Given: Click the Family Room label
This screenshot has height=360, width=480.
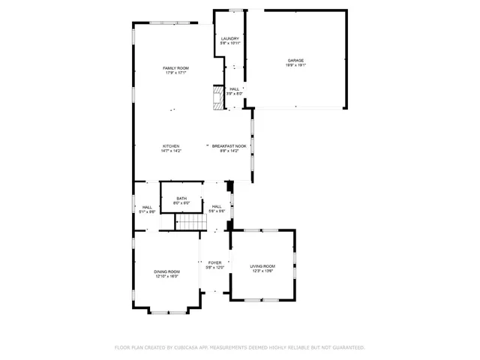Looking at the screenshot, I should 176,68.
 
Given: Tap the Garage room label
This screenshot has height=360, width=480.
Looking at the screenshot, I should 295,60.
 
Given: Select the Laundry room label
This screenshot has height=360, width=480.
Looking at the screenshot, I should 229,38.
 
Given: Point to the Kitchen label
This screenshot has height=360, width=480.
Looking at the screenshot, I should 171,145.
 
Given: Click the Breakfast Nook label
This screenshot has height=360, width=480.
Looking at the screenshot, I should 225,145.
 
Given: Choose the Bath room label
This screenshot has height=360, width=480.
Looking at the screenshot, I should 181,198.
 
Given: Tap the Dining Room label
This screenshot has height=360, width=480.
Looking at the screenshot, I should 167,271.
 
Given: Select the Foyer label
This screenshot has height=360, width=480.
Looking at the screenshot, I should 215,262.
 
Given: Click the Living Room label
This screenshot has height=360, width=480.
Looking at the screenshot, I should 262,266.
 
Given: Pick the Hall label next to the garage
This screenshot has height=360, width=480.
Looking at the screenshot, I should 235,88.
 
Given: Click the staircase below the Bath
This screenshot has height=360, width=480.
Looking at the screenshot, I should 190,223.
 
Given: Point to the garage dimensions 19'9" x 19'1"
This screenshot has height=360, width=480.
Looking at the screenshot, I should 295,65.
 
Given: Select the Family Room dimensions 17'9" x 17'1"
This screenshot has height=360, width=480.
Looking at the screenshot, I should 176,73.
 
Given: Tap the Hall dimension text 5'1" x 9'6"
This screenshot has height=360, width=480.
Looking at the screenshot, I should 147,212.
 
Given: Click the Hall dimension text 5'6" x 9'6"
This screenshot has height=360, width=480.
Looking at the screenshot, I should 216,211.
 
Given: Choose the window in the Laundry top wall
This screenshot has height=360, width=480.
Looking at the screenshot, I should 236,10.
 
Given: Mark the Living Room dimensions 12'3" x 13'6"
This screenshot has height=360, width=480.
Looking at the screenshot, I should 262,271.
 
